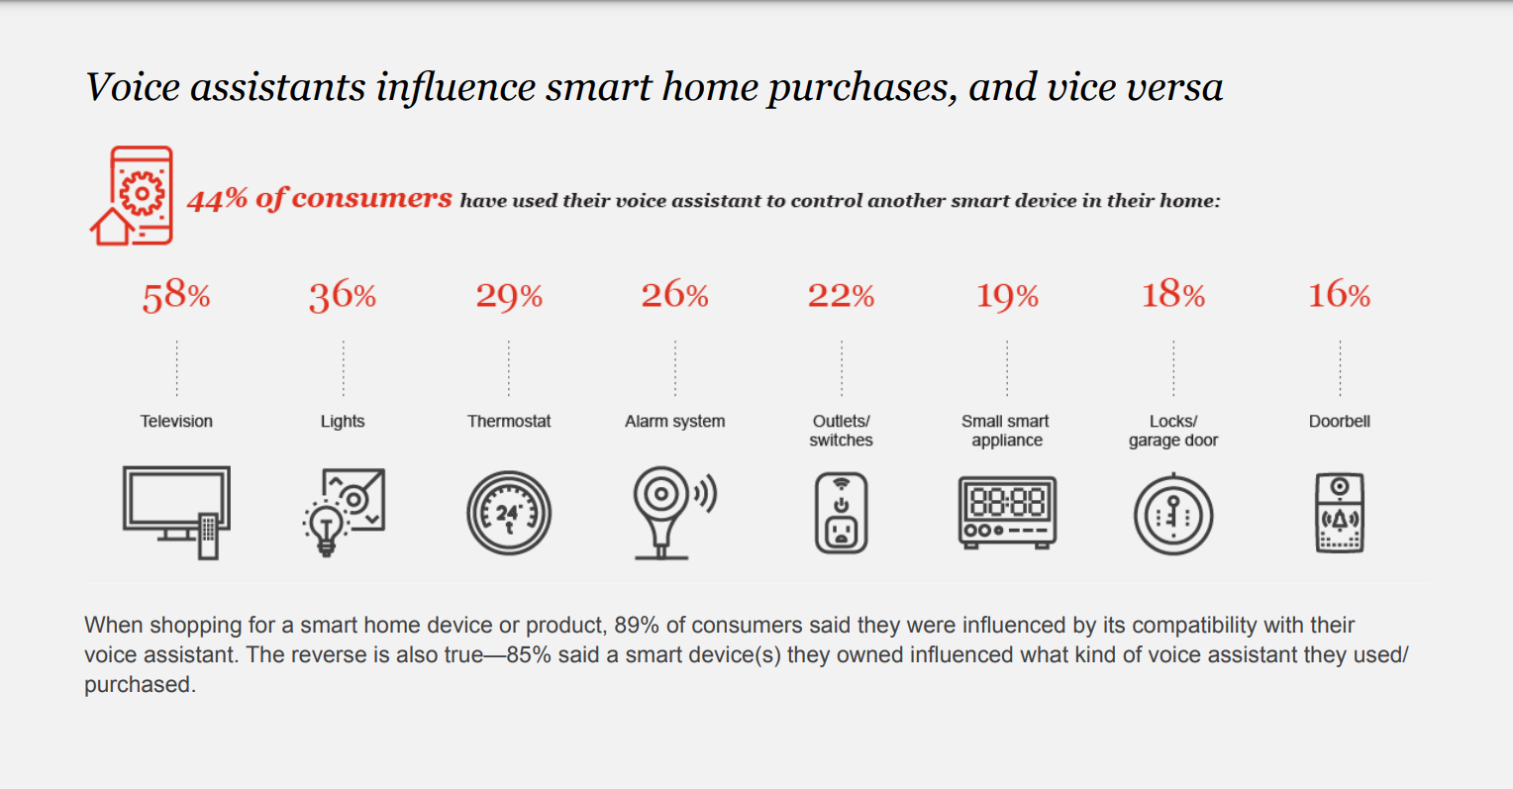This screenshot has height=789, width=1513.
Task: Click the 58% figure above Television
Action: point(176,296)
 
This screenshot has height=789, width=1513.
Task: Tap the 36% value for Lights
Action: point(343,296)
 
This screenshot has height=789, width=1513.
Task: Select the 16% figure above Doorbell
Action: point(1340,295)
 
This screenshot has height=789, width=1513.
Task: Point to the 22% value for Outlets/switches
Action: point(841,295)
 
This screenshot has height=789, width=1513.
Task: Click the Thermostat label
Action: point(509,422)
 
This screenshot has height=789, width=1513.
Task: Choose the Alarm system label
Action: point(674,422)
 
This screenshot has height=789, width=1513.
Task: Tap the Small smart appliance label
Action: point(1006,431)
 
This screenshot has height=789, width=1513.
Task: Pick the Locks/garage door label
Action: point(1173,431)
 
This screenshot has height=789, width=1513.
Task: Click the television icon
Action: point(176,512)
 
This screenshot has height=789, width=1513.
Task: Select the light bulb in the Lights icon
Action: point(326,529)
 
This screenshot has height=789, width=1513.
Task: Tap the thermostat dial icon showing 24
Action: point(509,514)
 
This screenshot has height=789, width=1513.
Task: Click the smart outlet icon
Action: point(841,513)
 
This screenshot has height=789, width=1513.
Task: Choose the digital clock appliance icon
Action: point(1007,512)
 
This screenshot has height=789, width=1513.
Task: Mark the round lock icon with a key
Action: point(1173,515)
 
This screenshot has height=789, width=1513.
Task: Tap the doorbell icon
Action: point(1340,513)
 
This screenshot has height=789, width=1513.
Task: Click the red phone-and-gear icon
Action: point(133,196)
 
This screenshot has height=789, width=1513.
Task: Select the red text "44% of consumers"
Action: point(320,199)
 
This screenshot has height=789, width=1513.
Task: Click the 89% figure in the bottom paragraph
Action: point(637,625)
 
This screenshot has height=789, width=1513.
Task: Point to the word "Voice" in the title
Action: point(133,87)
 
